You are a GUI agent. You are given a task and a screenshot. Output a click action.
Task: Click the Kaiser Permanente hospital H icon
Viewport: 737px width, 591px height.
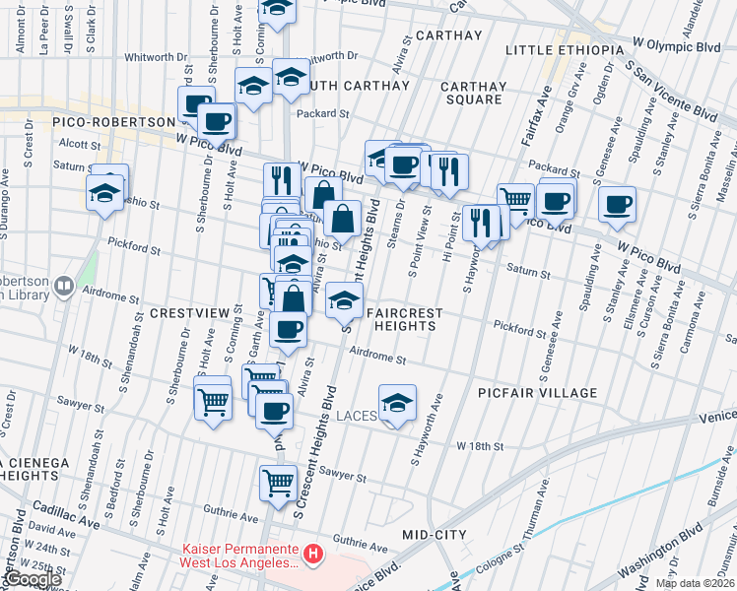click(313, 556)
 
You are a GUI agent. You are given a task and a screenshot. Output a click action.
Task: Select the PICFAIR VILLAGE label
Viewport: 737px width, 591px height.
click(537, 393)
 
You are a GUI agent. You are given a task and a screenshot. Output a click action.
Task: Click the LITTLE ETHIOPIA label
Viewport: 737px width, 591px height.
click(565, 50)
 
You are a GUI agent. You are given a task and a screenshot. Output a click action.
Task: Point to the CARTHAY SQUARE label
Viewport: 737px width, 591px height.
click(473, 94)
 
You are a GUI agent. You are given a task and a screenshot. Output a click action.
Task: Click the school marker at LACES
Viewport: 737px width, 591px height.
click(397, 403)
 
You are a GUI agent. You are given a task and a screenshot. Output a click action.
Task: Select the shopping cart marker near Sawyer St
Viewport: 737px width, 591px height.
click(279, 483)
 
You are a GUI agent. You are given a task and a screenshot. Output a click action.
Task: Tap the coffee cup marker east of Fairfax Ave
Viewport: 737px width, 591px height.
click(618, 204)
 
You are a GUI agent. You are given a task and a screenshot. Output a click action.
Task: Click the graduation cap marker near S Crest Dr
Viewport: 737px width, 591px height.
click(103, 193)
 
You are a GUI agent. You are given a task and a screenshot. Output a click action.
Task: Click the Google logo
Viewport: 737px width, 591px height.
click(32, 579)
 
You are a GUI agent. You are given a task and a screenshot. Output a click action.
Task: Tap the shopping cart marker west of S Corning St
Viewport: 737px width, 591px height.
click(214, 401)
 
